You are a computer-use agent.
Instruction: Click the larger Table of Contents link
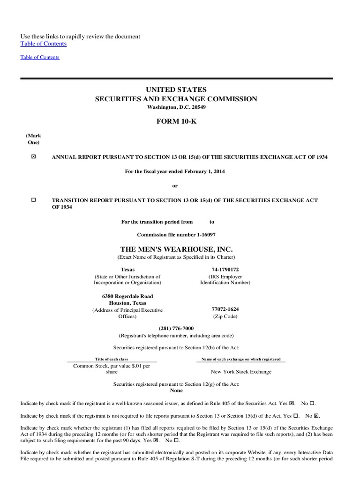44,44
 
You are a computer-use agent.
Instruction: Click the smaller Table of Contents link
40,57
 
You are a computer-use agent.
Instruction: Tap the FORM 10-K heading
176,121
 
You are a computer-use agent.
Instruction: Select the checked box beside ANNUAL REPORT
33,157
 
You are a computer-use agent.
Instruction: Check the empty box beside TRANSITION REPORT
33,200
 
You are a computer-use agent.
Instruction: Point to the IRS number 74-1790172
225,270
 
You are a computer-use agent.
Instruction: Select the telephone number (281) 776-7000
176,329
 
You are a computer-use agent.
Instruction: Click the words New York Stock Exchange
241,372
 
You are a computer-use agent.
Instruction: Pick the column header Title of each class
112,359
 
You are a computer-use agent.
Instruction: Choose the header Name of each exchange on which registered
241,359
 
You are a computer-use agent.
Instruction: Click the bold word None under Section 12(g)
176,390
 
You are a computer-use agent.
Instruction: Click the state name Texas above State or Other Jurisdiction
127,270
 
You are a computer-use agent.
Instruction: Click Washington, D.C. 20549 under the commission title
176,107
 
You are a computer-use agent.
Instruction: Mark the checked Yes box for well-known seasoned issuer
292,403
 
